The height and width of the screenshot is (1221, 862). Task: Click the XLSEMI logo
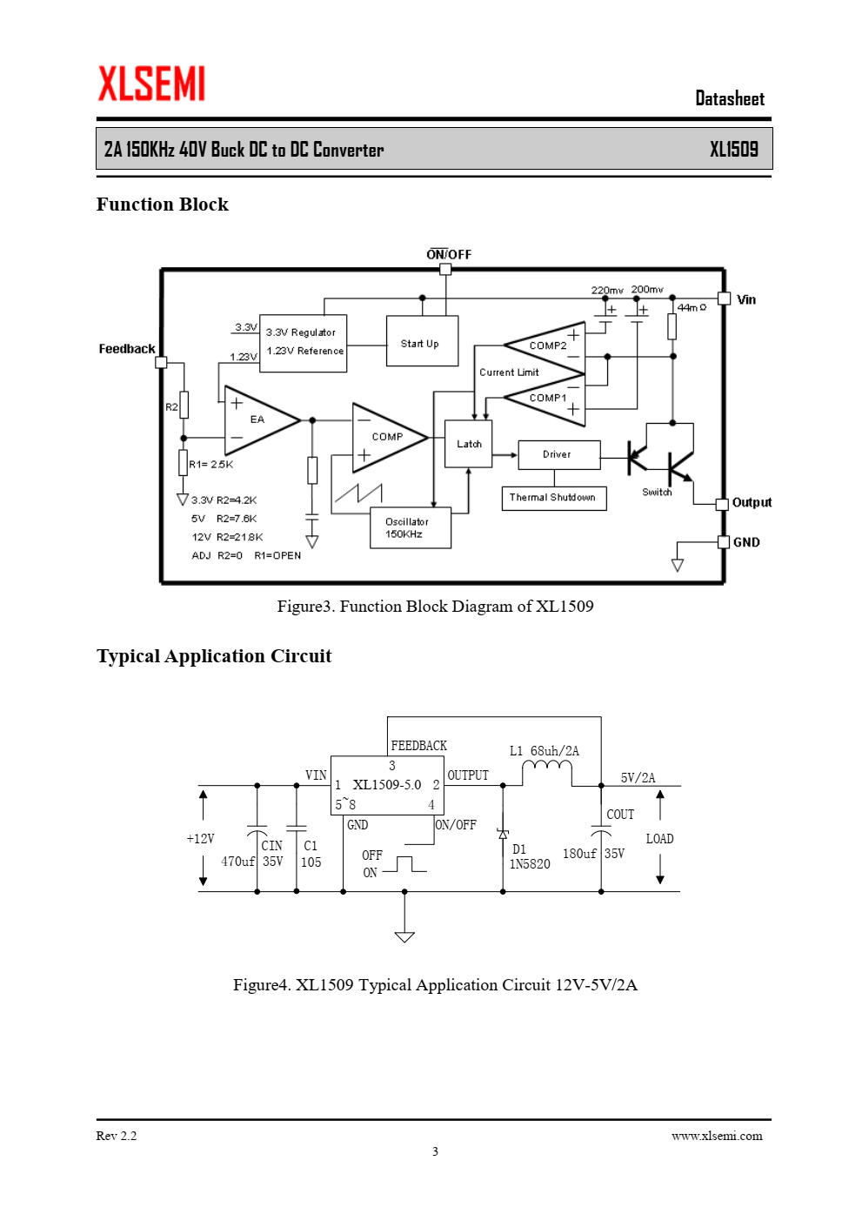tap(151, 84)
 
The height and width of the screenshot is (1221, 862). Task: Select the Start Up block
tap(422, 340)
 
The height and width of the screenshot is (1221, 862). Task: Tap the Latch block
tap(469, 444)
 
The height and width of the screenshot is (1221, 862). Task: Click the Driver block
tap(559, 454)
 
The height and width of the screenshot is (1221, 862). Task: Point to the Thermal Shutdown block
tap(553, 498)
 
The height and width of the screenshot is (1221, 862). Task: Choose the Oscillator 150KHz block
tap(411, 527)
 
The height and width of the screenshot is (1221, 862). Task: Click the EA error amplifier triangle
tap(262, 420)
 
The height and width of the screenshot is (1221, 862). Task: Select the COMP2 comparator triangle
tap(545, 347)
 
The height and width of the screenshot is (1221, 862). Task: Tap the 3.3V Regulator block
tap(303, 344)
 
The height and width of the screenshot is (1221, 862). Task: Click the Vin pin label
tap(746, 299)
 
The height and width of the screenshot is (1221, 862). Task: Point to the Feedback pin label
tap(127, 349)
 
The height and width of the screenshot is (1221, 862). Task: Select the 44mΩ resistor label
tap(692, 307)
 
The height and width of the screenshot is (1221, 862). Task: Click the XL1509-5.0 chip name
tap(387, 784)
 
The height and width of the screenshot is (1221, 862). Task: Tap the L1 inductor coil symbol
tap(546, 767)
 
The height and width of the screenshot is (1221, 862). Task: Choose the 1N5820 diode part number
tap(530, 864)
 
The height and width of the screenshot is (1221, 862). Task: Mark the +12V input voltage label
tap(201, 839)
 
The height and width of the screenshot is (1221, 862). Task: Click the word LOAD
tap(660, 839)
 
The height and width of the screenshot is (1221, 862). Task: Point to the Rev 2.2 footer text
tap(117, 1136)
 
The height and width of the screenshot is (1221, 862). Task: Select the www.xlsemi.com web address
tap(717, 1136)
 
